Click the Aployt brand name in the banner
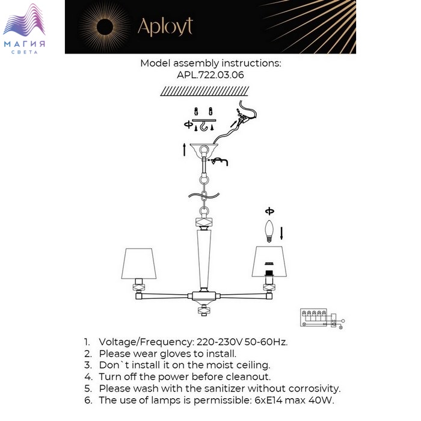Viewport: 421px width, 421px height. (x=165, y=27)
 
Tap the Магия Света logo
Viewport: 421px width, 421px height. (x=24, y=29)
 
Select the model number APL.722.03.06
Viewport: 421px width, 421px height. (x=210, y=75)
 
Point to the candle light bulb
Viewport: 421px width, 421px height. (x=269, y=231)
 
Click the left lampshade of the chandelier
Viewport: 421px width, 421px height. (x=138, y=263)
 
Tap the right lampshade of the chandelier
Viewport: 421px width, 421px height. (x=269, y=261)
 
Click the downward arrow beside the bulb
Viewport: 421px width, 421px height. (x=281, y=233)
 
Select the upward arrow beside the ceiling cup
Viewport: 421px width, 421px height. (x=184, y=150)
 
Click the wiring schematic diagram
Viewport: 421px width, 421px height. (x=322, y=319)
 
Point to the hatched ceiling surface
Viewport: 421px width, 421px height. (x=204, y=91)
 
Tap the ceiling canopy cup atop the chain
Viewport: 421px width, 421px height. (x=204, y=150)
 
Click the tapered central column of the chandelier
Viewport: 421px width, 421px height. (x=204, y=259)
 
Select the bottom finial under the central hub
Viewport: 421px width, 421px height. (x=204, y=310)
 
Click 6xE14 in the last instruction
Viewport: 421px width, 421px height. (x=268, y=401)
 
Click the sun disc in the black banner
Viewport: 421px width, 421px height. (x=105, y=27)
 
